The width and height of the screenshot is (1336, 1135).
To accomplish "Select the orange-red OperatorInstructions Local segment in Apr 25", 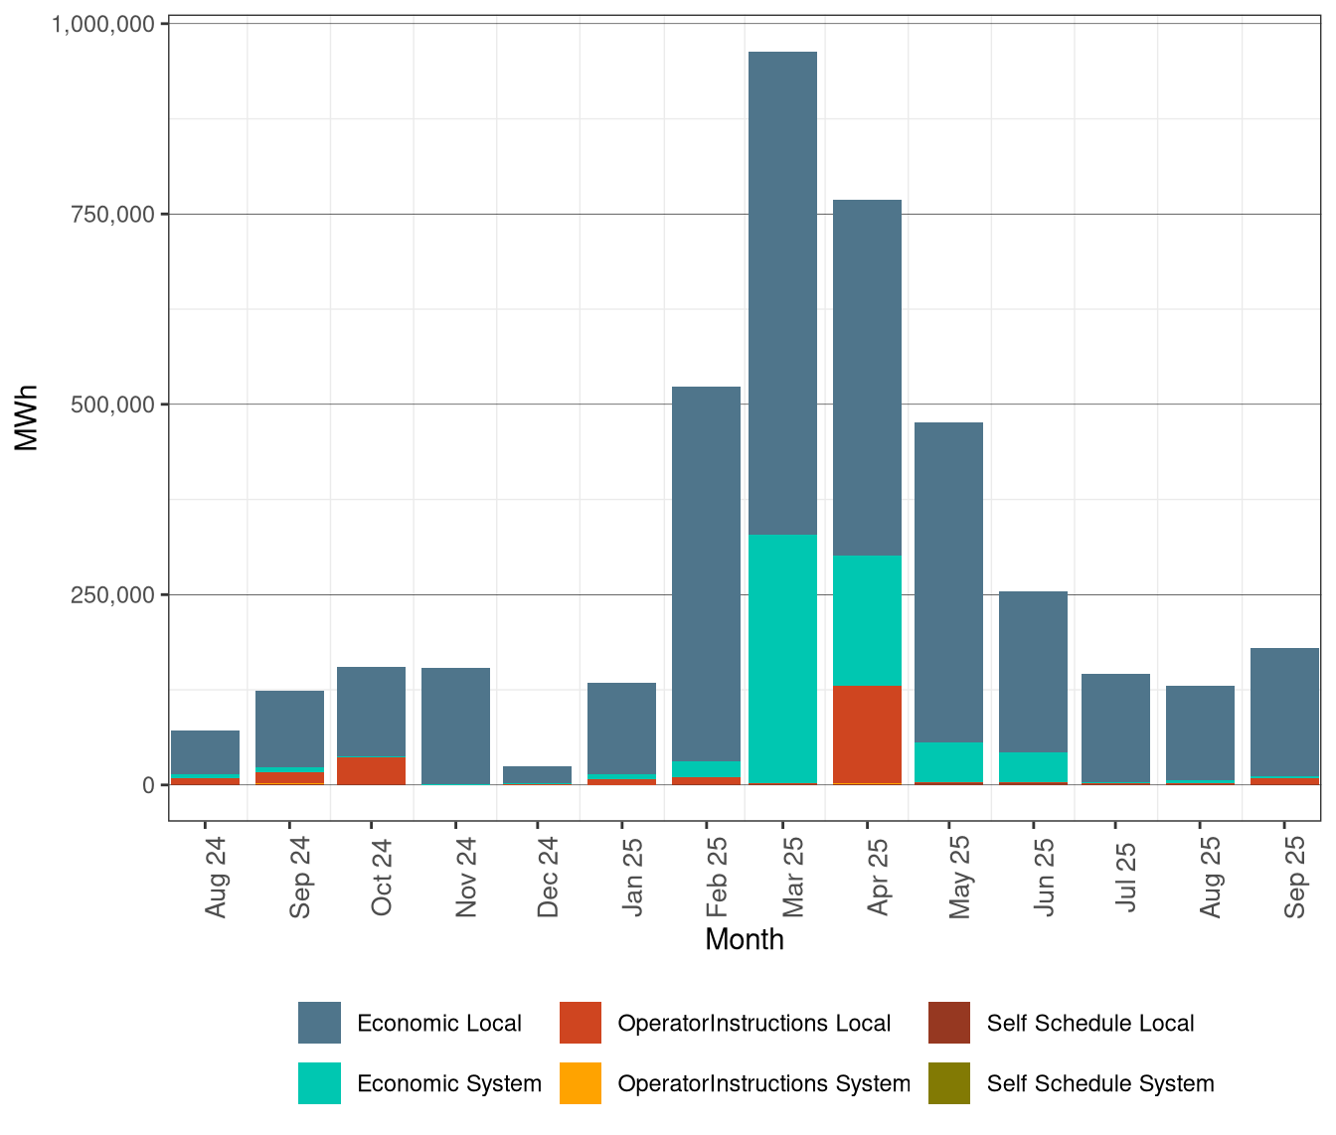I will [x=867, y=733].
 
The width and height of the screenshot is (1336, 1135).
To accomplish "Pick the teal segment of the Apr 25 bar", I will [x=867, y=620].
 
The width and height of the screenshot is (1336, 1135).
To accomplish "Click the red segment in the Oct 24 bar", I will [x=371, y=770].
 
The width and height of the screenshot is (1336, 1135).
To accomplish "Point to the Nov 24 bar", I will [x=455, y=726].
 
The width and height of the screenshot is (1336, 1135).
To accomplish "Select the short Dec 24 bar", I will [x=537, y=774].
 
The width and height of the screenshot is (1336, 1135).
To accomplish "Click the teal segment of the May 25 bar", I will [x=949, y=762].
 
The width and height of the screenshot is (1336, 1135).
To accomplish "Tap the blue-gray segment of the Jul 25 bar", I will [x=1115, y=728].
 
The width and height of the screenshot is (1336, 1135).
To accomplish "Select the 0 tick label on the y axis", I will [x=148, y=786].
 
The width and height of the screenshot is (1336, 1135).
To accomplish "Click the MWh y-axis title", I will [x=27, y=417].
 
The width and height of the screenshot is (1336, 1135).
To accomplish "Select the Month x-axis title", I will [x=744, y=939].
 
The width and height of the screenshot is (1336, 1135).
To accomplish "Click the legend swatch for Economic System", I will [x=319, y=1083].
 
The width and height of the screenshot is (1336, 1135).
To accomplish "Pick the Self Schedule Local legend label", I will [x=1089, y=1024].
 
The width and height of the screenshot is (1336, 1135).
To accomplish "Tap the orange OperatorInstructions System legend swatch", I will [x=581, y=1083].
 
